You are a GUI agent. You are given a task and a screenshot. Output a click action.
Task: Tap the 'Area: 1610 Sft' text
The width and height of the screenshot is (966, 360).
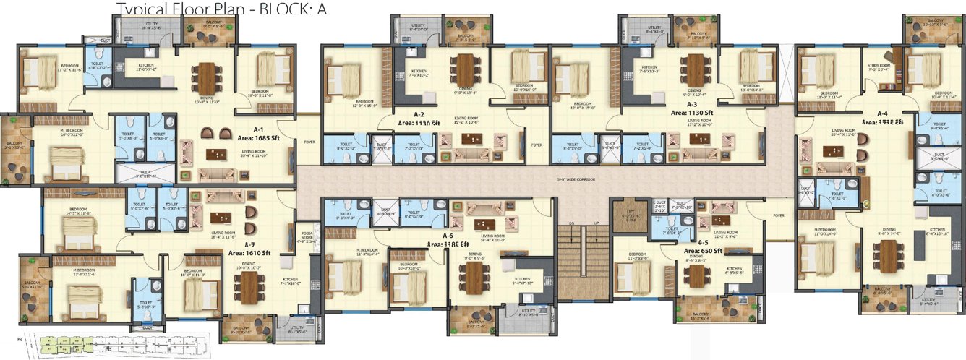coord(249,253)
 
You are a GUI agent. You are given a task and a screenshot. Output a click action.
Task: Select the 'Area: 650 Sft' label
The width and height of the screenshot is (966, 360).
coord(707,251)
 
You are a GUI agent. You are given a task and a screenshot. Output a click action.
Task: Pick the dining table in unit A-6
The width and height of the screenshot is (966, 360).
coord(474,279)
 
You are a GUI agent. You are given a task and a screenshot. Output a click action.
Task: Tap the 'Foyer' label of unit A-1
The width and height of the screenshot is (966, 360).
coord(309,142)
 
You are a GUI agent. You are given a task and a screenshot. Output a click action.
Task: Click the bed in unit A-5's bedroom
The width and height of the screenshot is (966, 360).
coord(636,275)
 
